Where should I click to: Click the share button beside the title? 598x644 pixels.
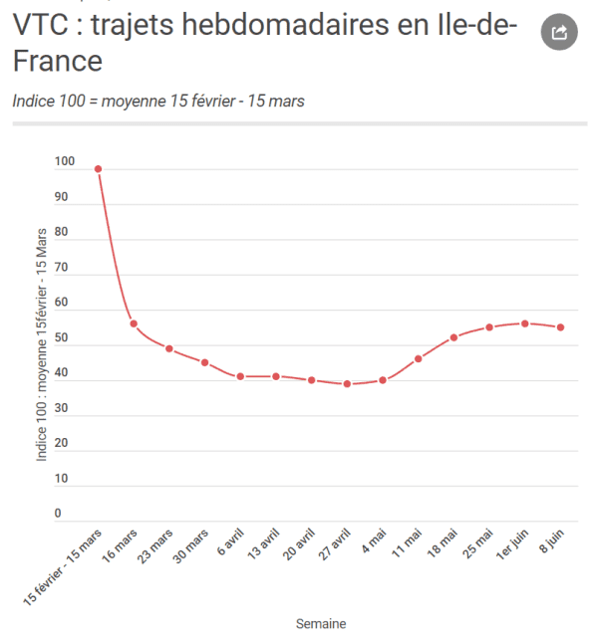(559, 32)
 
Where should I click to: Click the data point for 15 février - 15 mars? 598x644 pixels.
(98, 169)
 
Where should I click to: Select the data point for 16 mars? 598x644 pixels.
(134, 323)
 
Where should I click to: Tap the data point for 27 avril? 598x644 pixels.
(347, 383)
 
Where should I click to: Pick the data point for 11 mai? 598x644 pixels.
(419, 358)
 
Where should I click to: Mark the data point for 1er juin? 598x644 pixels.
(525, 323)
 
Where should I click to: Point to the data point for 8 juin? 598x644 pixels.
(560, 327)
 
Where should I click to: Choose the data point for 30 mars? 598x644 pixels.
(205, 362)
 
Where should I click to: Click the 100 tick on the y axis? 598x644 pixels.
(65, 161)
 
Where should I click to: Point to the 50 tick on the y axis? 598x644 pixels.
(61, 337)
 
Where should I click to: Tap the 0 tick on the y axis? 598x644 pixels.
(58, 513)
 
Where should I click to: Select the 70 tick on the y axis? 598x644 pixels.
(61, 267)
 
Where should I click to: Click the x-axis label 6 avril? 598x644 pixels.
(230, 541)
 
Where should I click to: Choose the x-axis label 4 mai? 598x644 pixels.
(374, 540)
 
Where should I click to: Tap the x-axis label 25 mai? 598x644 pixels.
(477, 543)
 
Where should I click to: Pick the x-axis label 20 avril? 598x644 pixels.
(299, 544)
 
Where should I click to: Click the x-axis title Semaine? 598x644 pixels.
(321, 623)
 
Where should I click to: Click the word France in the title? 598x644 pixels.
(58, 61)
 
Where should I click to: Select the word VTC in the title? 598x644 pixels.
(41, 24)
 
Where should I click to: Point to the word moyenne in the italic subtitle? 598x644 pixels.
(134, 102)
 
